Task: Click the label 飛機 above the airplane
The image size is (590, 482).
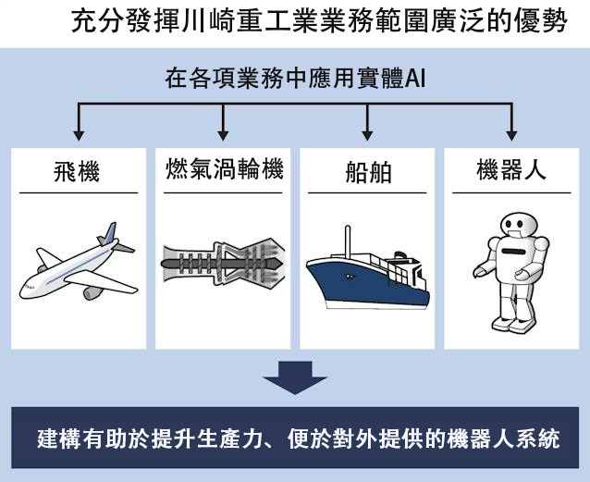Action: pyautogui.click(x=77, y=171)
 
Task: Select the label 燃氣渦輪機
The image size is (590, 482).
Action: pyautogui.click(x=225, y=169)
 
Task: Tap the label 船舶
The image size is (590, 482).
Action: pyautogui.click(x=368, y=172)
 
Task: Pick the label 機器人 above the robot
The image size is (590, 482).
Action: pyautogui.click(x=511, y=169)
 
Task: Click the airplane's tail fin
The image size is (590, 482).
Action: pyautogui.click(x=110, y=233)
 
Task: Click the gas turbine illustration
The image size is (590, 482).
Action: pyautogui.click(x=223, y=263)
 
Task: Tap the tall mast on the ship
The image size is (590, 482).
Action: pyautogui.click(x=348, y=241)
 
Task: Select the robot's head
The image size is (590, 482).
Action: pyautogui.click(x=517, y=225)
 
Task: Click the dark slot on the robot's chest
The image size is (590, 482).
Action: pyautogui.click(x=514, y=251)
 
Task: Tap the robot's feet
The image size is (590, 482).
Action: pyautogui.click(x=510, y=324)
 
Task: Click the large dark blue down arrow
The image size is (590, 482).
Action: pyautogui.click(x=295, y=377)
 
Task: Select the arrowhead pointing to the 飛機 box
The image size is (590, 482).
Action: pyautogui.click(x=79, y=136)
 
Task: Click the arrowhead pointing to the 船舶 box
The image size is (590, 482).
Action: pyautogui.click(x=367, y=136)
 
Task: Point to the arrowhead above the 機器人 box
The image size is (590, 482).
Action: pyautogui.click(x=511, y=136)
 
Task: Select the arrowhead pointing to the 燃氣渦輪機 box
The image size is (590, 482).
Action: pyautogui.click(x=223, y=136)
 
